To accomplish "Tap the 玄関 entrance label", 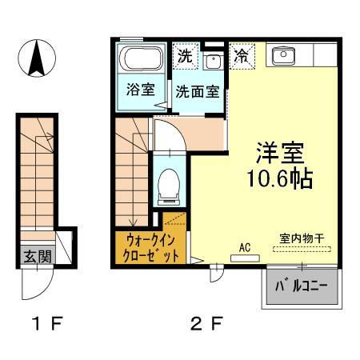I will tap(34, 257).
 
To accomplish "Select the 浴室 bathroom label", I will tap(139, 90).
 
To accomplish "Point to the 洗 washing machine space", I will tap(185, 57).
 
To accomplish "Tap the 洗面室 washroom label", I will tap(198, 91).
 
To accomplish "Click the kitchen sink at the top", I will tap(284, 55).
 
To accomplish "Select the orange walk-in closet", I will tap(151, 246).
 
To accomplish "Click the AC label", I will tap(246, 247).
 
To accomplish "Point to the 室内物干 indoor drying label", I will tap(301, 238).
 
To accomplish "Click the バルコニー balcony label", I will tap(302, 286).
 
